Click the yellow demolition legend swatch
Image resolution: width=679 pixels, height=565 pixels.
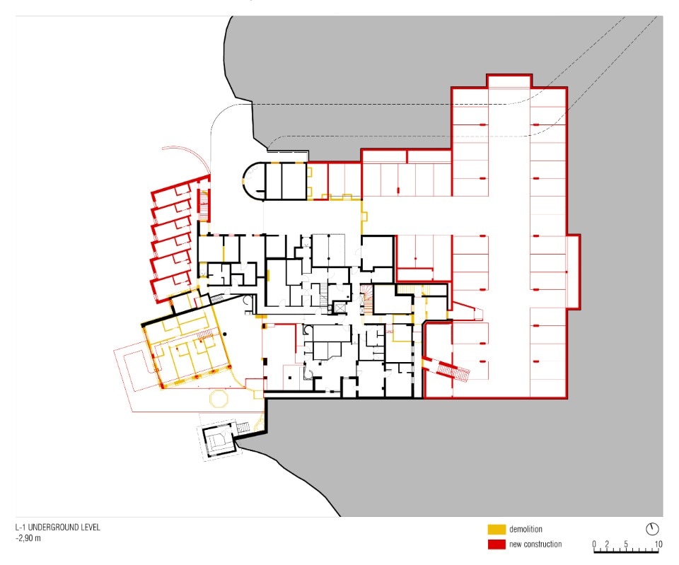click(x=497, y=529)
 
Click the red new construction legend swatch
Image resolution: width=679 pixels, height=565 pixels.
click(x=497, y=544)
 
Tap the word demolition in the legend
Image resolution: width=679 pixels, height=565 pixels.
click(x=526, y=529)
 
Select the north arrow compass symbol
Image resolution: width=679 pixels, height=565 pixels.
click(x=652, y=529)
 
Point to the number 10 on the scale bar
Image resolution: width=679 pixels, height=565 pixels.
click(x=658, y=544)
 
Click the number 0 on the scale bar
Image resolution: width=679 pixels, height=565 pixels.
click(x=594, y=544)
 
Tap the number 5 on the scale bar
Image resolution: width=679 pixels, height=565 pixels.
click(x=626, y=544)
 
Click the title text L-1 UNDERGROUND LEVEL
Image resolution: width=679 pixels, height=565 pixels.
click(x=57, y=528)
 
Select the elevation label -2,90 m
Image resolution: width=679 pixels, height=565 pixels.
click(x=28, y=539)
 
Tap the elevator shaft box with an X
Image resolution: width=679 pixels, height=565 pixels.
click(x=338, y=307)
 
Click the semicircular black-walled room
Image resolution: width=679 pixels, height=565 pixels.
click(x=253, y=180)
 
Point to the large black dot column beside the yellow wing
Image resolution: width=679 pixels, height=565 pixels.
click(x=224, y=334)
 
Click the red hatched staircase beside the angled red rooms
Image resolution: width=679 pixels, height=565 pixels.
click(x=203, y=204)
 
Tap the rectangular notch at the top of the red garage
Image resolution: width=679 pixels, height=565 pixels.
click(x=509, y=81)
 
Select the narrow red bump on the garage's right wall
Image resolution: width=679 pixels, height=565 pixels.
click(x=574, y=272)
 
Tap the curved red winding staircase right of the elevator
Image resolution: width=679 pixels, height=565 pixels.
click(x=367, y=298)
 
